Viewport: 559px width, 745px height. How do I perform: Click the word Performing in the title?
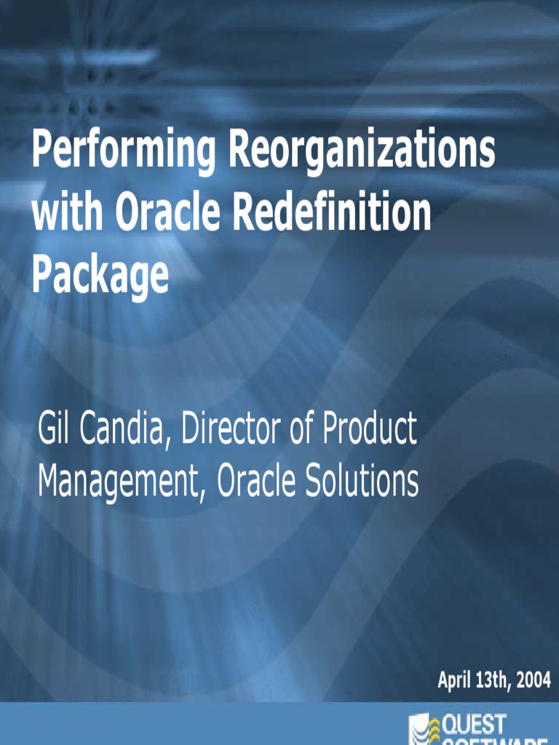pos(123,151)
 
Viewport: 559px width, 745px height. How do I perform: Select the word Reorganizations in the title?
pos(362,151)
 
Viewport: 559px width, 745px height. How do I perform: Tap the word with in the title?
pos(68,212)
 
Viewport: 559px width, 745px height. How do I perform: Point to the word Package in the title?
pos(100,275)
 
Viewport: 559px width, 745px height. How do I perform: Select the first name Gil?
pos(55,429)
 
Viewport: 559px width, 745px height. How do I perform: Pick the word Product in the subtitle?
pos(369,429)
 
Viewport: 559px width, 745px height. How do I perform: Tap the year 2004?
pos(535,680)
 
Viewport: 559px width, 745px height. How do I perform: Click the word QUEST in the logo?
pos(474,725)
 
